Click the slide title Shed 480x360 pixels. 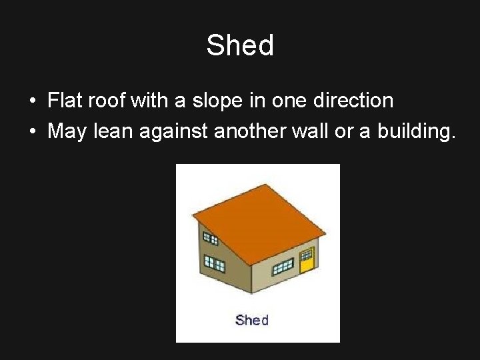point(240,46)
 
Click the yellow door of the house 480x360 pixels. point(307,261)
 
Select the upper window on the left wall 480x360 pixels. point(210,238)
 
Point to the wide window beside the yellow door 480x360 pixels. point(283,266)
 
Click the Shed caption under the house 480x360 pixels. point(252,320)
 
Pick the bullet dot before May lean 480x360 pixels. point(32,131)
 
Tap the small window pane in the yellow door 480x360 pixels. point(307,254)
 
